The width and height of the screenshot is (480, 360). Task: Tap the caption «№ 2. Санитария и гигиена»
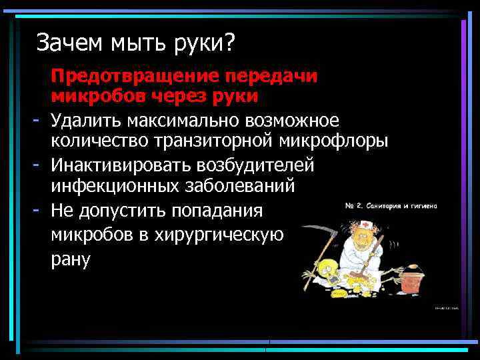pyautogui.click(x=391, y=206)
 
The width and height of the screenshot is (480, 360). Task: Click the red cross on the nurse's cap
pyautogui.click(x=368, y=225)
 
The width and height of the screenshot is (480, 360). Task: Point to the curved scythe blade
pyautogui.click(x=324, y=231)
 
